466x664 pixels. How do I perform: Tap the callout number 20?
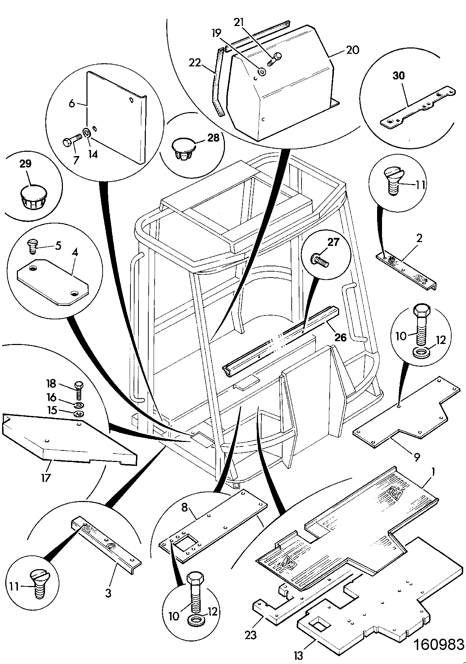(352, 50)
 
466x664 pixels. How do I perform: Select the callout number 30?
(399, 76)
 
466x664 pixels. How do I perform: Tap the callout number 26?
(341, 337)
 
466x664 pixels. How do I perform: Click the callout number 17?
(46, 478)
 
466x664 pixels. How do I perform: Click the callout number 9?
(416, 457)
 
